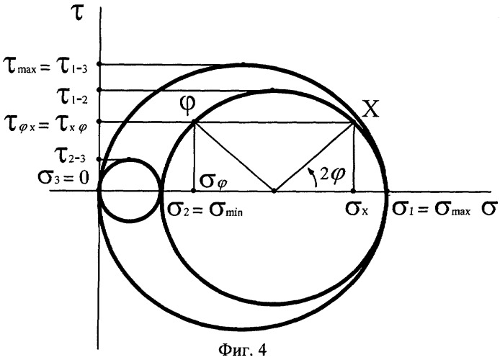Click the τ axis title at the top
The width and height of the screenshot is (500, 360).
[x=79, y=14]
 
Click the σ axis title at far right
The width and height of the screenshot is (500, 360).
[x=489, y=210]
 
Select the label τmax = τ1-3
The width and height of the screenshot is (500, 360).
[x=45, y=68]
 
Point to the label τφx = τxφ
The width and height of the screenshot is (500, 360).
[x=45, y=125]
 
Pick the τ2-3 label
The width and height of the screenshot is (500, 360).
[x=70, y=155]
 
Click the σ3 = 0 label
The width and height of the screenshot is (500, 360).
[x=63, y=178]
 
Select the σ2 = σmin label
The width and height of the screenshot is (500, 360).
[x=205, y=210]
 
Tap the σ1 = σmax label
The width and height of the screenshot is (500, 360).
[x=431, y=210]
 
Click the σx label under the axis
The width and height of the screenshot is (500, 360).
[x=357, y=210]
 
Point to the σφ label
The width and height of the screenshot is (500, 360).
[x=214, y=183]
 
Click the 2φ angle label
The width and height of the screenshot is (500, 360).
[x=333, y=174]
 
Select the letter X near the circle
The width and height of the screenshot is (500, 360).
[x=371, y=109]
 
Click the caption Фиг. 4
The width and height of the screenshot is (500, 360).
[x=243, y=350]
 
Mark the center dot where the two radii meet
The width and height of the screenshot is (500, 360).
[x=274, y=191]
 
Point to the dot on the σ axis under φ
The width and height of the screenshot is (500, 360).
[x=193, y=191]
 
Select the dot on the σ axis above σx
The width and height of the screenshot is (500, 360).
[x=353, y=191]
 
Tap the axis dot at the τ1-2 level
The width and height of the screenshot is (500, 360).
[x=99, y=90]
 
